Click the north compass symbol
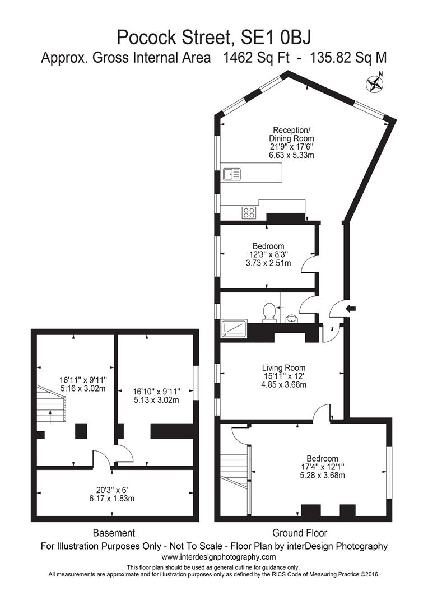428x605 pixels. [374, 84]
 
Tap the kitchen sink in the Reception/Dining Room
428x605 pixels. [231, 174]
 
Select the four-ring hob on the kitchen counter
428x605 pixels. [249, 213]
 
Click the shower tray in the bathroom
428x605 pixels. [234, 328]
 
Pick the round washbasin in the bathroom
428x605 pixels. [292, 318]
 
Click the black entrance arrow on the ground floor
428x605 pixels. [352, 308]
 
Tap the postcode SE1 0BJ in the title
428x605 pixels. [276, 38]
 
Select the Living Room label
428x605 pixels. [283, 368]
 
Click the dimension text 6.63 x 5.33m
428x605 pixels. [291, 155]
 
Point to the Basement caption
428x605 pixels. [114, 533]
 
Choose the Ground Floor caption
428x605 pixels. [300, 533]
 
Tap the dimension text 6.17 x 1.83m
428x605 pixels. [111, 498]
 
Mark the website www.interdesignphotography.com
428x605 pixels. [218, 557]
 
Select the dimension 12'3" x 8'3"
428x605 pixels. [268, 255]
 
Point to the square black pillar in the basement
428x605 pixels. [81, 431]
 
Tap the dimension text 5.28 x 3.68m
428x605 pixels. [322, 476]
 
